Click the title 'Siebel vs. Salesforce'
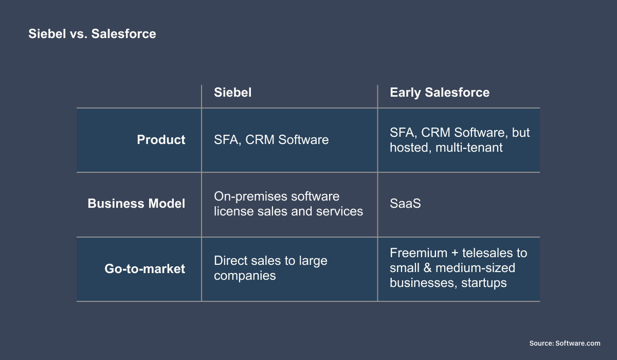pos(92,34)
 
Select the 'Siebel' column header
pos(232,93)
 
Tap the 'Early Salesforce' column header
pos(440,93)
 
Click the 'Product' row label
pos(161,140)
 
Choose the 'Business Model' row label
pos(136,204)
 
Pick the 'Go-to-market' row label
pos(144,268)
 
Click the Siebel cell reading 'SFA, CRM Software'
pos(271,140)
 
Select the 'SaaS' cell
pos(405,204)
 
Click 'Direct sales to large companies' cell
pos(270,268)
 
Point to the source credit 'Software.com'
pos(578,343)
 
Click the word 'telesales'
pos(487,253)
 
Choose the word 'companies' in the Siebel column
pos(245,276)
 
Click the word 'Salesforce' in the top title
pos(123,34)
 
